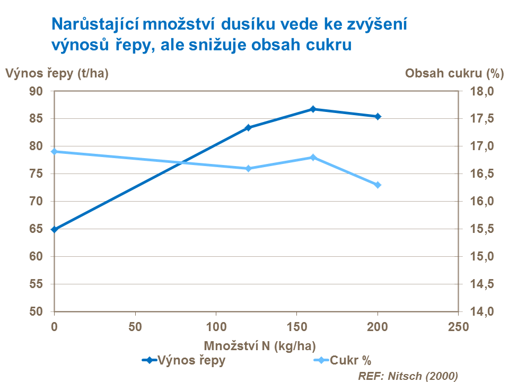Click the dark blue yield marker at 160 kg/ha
[x=313, y=109]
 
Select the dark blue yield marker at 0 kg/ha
[x=54, y=229]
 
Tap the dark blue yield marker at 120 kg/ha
[x=248, y=127]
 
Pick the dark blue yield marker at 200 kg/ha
[x=378, y=116]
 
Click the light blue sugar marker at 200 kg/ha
[x=378, y=185]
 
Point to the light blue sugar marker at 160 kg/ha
[x=313, y=157]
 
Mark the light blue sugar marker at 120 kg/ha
[x=248, y=168]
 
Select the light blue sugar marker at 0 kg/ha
[x=54, y=152]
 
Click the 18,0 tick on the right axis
[x=482, y=91]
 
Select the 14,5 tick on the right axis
[x=482, y=284]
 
